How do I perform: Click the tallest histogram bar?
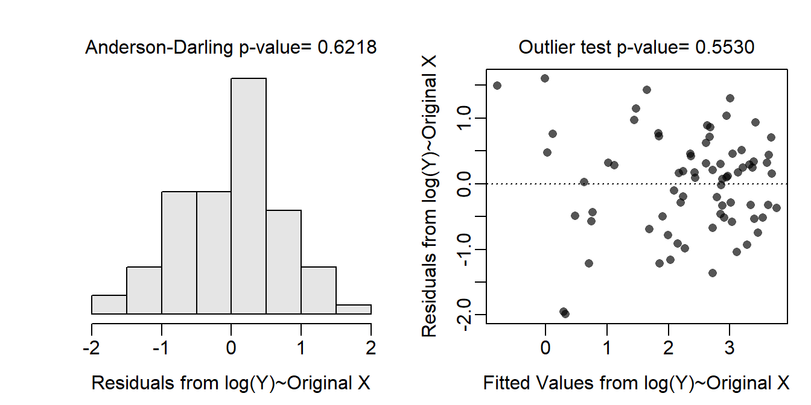[249, 196]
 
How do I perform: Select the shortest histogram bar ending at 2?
[354, 309]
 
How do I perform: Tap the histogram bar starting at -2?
[109, 304]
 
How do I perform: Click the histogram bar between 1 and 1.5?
[319, 290]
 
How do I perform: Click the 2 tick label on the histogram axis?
[371, 348]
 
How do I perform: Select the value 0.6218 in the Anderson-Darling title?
[347, 48]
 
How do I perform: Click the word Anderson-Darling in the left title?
[157, 48]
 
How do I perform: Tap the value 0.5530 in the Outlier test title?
[725, 48]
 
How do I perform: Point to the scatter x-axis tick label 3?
[730, 348]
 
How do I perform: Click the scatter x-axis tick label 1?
[607, 348]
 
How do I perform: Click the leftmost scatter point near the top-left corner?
[497, 86]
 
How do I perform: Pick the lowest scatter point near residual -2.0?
[565, 313]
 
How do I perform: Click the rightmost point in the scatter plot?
[777, 207]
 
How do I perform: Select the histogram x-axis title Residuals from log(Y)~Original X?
[230, 383]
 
